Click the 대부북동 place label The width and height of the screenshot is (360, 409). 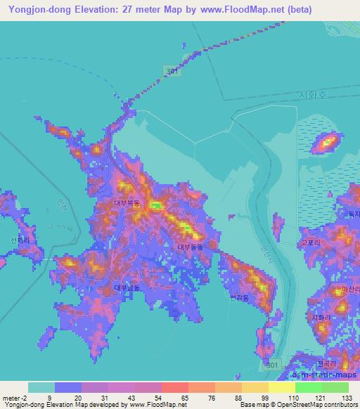tap(127, 203)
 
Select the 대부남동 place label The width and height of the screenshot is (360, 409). tap(127, 287)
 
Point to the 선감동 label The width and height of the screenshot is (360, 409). tap(239, 297)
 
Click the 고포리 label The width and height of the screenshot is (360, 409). tap(309, 242)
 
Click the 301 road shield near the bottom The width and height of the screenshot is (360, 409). tap(276, 365)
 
